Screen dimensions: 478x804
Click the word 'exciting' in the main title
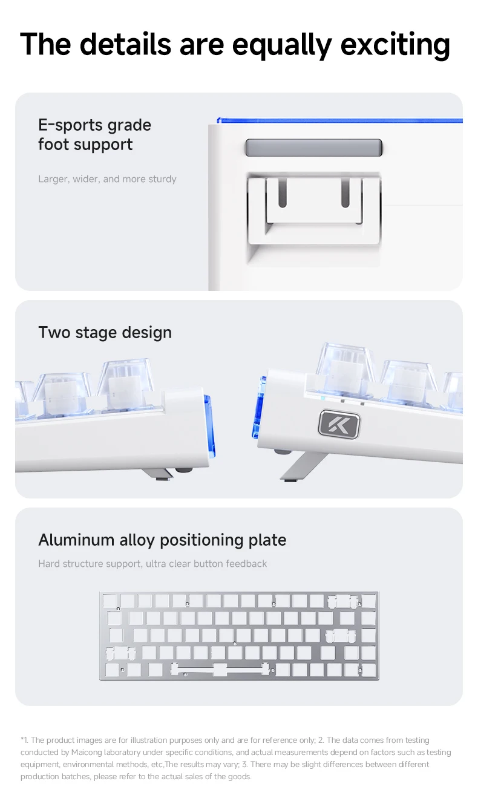(395, 45)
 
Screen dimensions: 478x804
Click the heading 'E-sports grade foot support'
(95, 134)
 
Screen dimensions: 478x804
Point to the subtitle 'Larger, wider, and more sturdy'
(107, 178)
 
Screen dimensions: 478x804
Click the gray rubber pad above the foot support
(313, 148)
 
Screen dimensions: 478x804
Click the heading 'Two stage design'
(105, 332)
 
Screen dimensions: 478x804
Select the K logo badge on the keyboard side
(339, 424)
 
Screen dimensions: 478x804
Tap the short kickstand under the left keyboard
(157, 474)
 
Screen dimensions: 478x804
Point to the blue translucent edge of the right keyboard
(258, 407)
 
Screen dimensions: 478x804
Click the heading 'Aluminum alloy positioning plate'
(162, 540)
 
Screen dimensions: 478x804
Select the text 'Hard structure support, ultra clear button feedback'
(152, 563)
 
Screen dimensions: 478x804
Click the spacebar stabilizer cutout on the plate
(220, 670)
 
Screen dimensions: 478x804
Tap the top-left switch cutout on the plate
(110, 601)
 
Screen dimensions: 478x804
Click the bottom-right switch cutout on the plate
(368, 670)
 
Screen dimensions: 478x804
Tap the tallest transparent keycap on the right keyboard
(344, 366)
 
